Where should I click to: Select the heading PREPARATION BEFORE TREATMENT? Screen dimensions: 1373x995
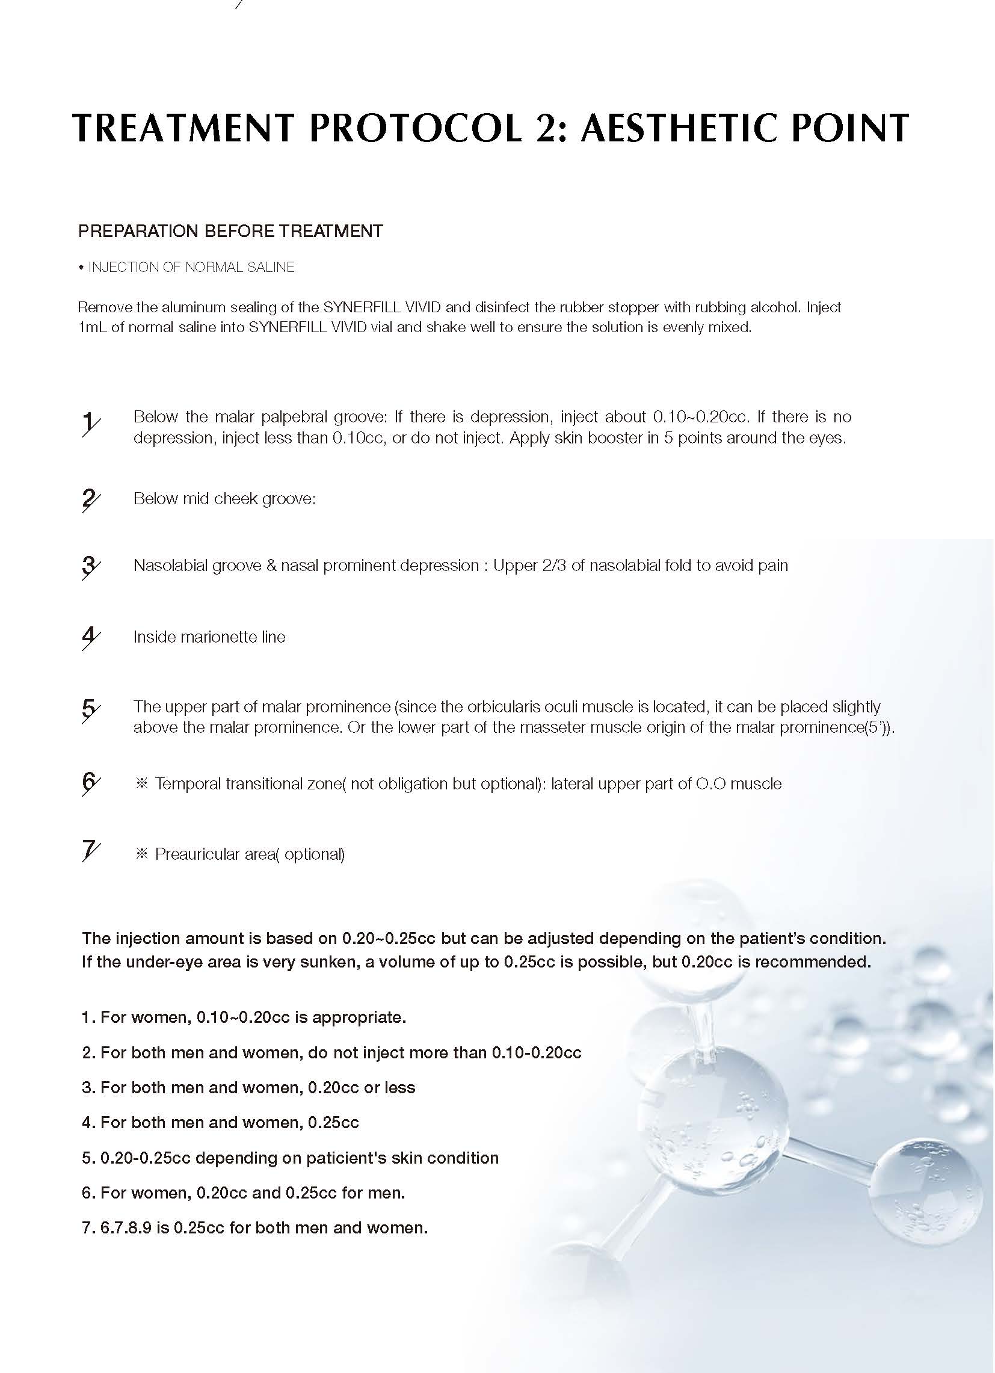tap(230, 231)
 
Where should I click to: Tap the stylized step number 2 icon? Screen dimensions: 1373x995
tap(90, 499)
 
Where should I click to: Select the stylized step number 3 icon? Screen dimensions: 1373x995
tap(90, 567)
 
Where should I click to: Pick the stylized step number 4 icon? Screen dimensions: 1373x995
tap(90, 638)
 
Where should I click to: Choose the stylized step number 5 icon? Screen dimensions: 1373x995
tap(90, 710)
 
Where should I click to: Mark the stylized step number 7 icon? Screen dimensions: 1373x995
tap(90, 851)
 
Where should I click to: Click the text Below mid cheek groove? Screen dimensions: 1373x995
tap(224, 498)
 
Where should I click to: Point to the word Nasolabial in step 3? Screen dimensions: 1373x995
tap(170, 566)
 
